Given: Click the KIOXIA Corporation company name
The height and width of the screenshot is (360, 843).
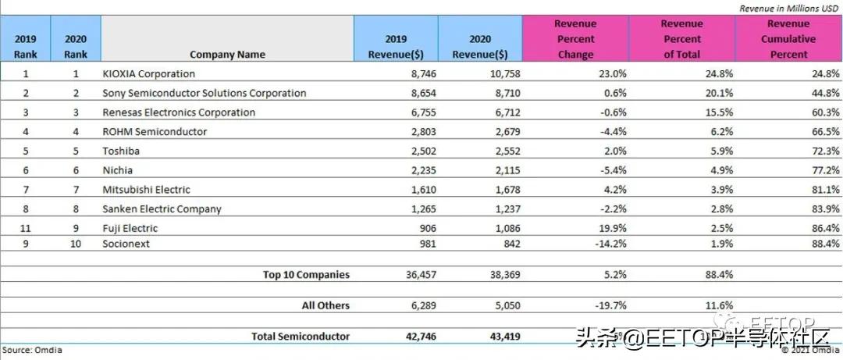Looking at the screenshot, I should point(149,73).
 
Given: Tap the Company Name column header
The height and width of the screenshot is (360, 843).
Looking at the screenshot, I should point(227,55).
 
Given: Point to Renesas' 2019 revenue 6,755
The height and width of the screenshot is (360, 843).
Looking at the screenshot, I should point(413,112).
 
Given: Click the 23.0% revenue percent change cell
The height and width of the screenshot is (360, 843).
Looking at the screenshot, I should point(578,73).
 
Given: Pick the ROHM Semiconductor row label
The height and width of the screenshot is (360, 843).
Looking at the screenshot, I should point(155,131).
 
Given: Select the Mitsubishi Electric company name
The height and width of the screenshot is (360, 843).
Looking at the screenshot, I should point(147,190).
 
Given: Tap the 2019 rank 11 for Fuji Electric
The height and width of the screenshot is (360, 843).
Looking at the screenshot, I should point(26,228).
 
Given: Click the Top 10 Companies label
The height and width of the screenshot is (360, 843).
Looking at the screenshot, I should point(306,275).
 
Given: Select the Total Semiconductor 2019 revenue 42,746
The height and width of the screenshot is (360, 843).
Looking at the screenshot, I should point(410,337).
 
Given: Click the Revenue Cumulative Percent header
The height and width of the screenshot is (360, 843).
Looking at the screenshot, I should point(788,39).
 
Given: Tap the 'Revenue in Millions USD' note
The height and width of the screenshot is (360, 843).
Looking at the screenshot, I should point(790,8).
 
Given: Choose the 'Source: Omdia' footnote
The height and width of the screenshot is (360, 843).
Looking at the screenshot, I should point(32,351).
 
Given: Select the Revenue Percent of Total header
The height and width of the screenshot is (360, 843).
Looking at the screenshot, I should point(681,39).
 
